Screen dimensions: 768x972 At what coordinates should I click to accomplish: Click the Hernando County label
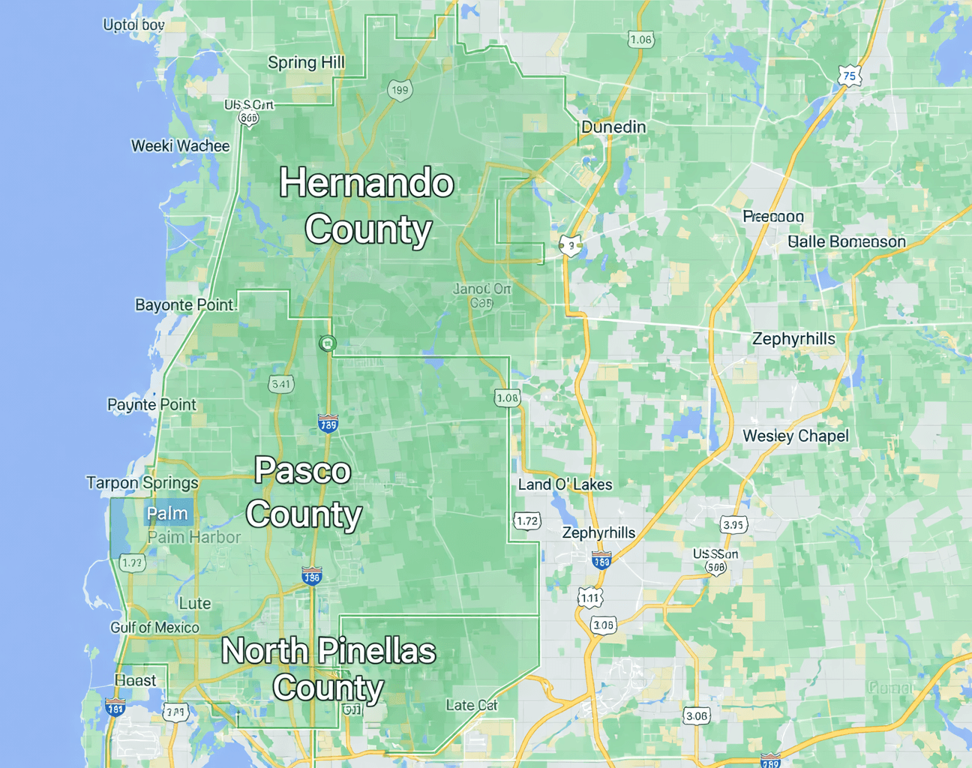pyautogui.click(x=367, y=205)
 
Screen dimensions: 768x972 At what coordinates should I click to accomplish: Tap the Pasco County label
pyautogui.click(x=304, y=492)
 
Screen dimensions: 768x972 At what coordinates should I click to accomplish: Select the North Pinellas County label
pyautogui.click(x=328, y=669)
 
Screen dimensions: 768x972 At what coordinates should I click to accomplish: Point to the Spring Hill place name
pyautogui.click(x=306, y=62)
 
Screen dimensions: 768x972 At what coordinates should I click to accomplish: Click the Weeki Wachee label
pyautogui.click(x=180, y=145)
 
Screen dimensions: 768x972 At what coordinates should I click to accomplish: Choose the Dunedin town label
pyautogui.click(x=613, y=127)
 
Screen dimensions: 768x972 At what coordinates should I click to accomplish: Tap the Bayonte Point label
pyautogui.click(x=184, y=304)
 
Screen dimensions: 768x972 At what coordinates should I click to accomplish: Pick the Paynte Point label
pyautogui.click(x=151, y=405)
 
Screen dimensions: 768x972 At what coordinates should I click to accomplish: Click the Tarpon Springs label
pyautogui.click(x=142, y=483)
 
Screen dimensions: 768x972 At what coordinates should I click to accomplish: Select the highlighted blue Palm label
pyautogui.click(x=167, y=514)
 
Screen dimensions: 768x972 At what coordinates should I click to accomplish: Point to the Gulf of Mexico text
pyautogui.click(x=155, y=628)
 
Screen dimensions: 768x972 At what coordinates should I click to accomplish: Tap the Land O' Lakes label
pyautogui.click(x=565, y=484)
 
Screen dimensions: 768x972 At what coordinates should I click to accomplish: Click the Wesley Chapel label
pyautogui.click(x=796, y=436)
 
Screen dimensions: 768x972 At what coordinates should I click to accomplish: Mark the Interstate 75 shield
pyautogui.click(x=849, y=76)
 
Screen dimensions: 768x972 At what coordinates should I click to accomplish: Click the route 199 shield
pyautogui.click(x=400, y=91)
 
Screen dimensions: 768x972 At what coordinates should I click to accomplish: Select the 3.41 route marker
pyautogui.click(x=281, y=384)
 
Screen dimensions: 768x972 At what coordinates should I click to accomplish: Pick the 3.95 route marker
pyautogui.click(x=733, y=524)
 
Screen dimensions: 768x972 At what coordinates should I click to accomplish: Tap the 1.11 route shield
pyautogui.click(x=590, y=598)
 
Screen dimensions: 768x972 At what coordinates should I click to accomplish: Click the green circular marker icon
pyautogui.click(x=327, y=343)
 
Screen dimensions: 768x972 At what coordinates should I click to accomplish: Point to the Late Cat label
pyautogui.click(x=472, y=705)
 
